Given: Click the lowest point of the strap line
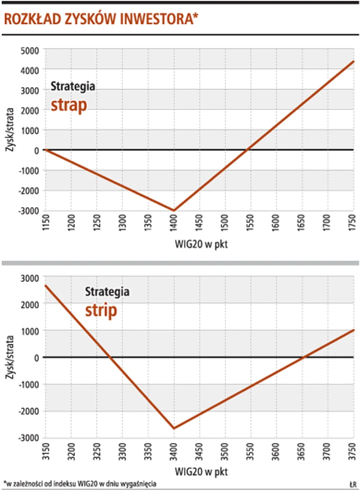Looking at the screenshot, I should pyautogui.click(x=174, y=210).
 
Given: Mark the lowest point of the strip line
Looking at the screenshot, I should pyautogui.click(x=174, y=428).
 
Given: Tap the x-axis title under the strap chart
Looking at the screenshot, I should pyautogui.click(x=199, y=244).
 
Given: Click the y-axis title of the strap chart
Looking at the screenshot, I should pyautogui.click(x=10, y=130).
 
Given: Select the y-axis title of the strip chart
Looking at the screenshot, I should pyautogui.click(x=10, y=358).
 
